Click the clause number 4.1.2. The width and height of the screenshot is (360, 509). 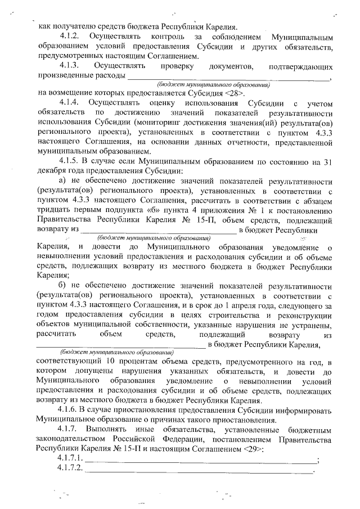[70, 35]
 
